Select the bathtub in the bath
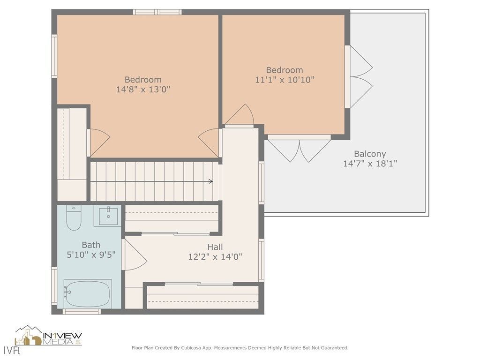(88, 293)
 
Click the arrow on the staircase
(210, 181)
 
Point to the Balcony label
(370, 154)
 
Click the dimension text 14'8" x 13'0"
(143, 89)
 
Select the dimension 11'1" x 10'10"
(284, 80)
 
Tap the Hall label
(215, 247)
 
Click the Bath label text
(91, 245)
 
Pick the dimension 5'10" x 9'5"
(91, 255)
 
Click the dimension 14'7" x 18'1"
(370, 164)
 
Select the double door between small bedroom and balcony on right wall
(360, 77)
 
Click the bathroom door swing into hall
(135, 255)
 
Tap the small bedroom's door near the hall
(240, 116)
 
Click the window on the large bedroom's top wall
(157, 12)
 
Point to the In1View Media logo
(49, 337)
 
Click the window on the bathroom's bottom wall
(82, 311)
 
